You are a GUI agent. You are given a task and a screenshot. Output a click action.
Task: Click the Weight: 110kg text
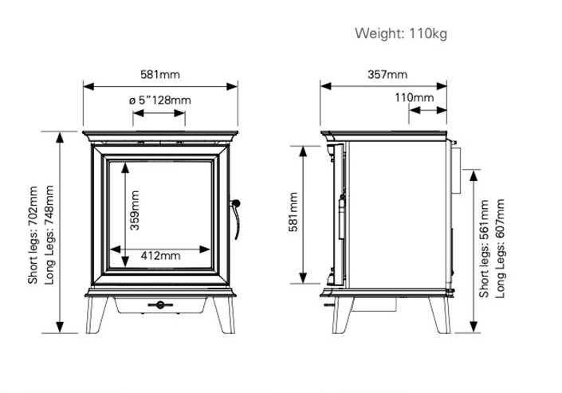point(401,33)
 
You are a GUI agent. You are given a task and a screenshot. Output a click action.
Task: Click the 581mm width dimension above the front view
point(160,75)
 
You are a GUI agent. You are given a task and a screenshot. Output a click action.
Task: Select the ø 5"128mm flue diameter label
point(160,100)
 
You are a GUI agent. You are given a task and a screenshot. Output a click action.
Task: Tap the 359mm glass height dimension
point(135,210)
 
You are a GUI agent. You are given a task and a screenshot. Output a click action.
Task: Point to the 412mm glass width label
point(160,256)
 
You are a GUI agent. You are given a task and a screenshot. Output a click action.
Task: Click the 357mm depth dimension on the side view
point(387,75)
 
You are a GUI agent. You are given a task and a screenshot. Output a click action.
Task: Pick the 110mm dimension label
point(415,97)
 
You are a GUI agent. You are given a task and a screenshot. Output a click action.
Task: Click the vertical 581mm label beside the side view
point(293,212)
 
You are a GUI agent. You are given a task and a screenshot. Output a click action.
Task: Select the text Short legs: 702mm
point(33,235)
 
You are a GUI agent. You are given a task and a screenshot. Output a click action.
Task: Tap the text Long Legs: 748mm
point(49,235)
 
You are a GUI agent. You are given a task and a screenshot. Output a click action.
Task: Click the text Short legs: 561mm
point(484,249)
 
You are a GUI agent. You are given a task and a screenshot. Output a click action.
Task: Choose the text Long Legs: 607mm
point(500,249)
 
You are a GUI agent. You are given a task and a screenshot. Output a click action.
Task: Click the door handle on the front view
point(235,219)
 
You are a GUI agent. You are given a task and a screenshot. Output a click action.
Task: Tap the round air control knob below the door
point(160,305)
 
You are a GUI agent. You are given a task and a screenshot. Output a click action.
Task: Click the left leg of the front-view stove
point(96,315)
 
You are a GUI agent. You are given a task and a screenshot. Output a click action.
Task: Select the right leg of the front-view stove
point(224,315)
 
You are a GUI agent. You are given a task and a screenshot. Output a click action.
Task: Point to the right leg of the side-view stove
point(440,315)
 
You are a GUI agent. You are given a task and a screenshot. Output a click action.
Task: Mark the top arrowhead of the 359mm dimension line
point(125,168)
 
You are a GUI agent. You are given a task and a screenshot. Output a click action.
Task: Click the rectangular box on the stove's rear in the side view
point(456,170)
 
